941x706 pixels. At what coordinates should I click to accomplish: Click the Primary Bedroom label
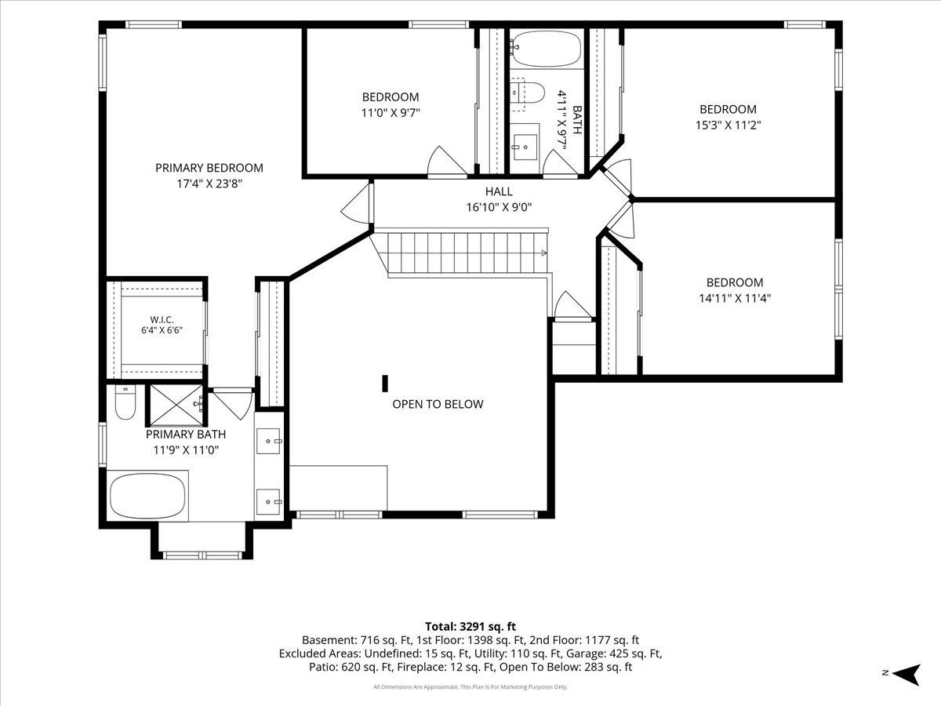pyautogui.click(x=209, y=168)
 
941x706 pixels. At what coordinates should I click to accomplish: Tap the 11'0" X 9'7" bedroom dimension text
pyautogui.click(x=391, y=113)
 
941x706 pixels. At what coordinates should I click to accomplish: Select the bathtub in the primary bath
pyautogui.click(x=147, y=496)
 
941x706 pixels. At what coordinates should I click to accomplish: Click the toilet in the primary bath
pyautogui.click(x=125, y=402)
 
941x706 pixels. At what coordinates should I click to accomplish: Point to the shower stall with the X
pyautogui.click(x=176, y=405)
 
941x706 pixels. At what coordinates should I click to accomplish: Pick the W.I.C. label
pyautogui.click(x=162, y=320)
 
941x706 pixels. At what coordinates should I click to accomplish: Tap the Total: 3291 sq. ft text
pyautogui.click(x=470, y=626)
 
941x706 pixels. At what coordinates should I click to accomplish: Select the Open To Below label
pyautogui.click(x=438, y=404)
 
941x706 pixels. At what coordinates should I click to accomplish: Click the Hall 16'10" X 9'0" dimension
pyautogui.click(x=499, y=207)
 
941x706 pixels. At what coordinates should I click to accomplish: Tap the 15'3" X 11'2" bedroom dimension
pyautogui.click(x=728, y=126)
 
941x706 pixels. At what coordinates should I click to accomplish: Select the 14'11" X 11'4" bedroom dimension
pyautogui.click(x=735, y=298)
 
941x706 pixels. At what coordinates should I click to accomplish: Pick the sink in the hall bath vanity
pyautogui.click(x=525, y=147)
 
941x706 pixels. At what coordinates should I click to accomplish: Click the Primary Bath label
pyautogui.click(x=186, y=435)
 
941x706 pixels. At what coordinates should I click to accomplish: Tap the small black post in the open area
pyautogui.click(x=385, y=384)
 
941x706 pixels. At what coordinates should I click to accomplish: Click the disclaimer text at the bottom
pyautogui.click(x=470, y=687)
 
